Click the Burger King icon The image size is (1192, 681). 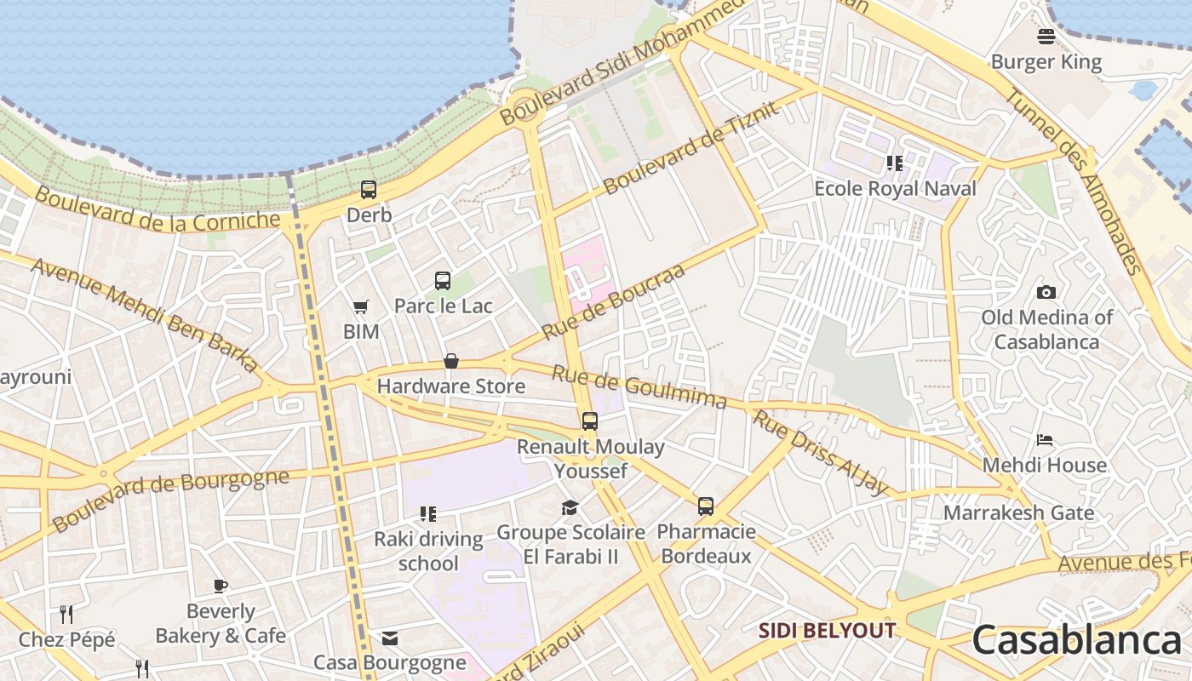tap(1046, 36)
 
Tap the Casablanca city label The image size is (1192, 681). tap(1076, 640)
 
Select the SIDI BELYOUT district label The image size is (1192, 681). tap(827, 631)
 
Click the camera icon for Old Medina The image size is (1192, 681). tap(1046, 292)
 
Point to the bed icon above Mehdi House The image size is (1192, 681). tap(1045, 440)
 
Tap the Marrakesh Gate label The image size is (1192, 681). tap(1018, 513)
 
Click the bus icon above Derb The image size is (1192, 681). tap(369, 190)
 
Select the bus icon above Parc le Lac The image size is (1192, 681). tap(443, 280)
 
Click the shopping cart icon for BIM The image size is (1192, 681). tap(361, 306)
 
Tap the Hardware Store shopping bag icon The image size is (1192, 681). tap(451, 362)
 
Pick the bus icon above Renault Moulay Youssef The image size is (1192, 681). tap(589, 421)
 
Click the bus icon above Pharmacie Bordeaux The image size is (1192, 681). tap(706, 506)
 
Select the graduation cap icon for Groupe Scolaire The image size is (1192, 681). tap(570, 508)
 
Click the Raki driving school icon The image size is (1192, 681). tap(428, 514)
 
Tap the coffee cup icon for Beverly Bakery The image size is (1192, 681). tap(221, 586)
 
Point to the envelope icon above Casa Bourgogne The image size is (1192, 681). tap(390, 638)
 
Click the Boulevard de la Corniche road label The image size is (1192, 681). tap(158, 209)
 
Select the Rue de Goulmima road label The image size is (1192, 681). tap(639, 387)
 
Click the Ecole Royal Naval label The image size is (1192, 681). tap(895, 188)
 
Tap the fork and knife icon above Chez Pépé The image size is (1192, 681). tap(66, 614)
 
